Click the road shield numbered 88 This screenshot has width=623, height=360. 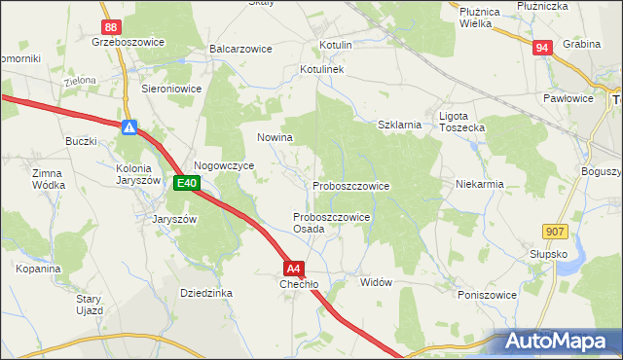pos(112,27)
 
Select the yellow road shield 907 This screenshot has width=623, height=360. pos(555,230)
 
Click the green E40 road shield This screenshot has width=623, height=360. pos(187,183)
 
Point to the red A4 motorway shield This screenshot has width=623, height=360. pos(295,268)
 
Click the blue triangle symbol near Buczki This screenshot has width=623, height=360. pos(129,127)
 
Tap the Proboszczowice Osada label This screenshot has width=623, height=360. pos(330,223)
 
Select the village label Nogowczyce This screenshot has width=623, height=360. pos(224,166)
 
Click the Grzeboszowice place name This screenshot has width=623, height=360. pos(127,43)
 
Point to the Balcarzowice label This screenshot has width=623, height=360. pos(239,48)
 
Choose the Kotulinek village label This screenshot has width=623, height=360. pos(323,71)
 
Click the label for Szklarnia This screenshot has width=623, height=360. pos(399,125)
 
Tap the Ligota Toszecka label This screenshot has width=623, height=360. pos(461,122)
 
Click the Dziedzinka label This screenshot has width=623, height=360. pos(205,292)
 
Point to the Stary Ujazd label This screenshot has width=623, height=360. pos(90,305)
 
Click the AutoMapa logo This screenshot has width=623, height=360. pos(558,342)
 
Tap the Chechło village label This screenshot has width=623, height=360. pos(299,284)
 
